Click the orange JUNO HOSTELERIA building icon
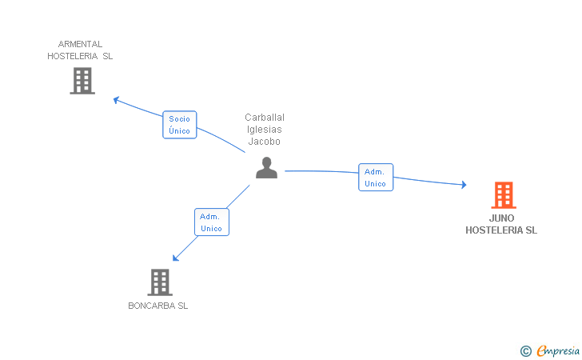pos(503,194)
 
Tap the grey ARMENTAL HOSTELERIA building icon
pos(82,81)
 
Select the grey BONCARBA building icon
pos(160,282)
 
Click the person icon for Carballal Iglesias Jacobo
pos(266,167)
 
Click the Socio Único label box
pos(179,125)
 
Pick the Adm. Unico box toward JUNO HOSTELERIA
pos(375,178)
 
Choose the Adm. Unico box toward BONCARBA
pos(211,222)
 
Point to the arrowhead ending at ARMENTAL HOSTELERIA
pos(117,100)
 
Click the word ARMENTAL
pos(80,44)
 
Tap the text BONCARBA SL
pos(158,306)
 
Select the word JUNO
pos(502,218)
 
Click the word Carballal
pos(265,118)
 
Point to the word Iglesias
pos(265,130)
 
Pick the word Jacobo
pos(265,142)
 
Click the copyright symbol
pos(525,350)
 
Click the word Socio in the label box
pos(179,118)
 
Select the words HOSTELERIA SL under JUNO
pos(501,230)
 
